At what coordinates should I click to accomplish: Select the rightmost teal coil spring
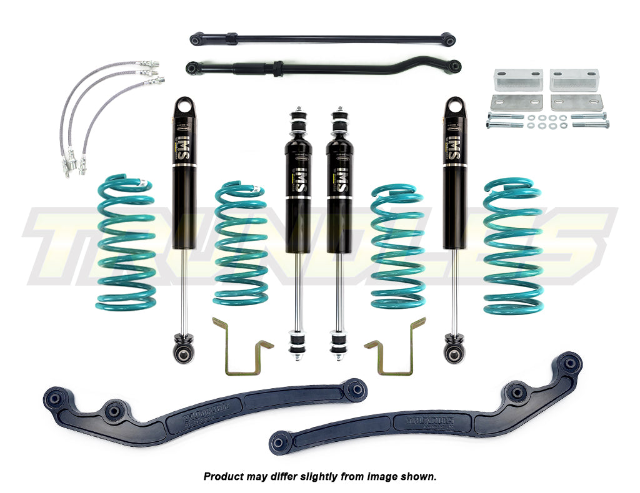[512, 245]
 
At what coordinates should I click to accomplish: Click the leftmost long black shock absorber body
[184, 168]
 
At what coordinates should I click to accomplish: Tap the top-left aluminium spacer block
[516, 79]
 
